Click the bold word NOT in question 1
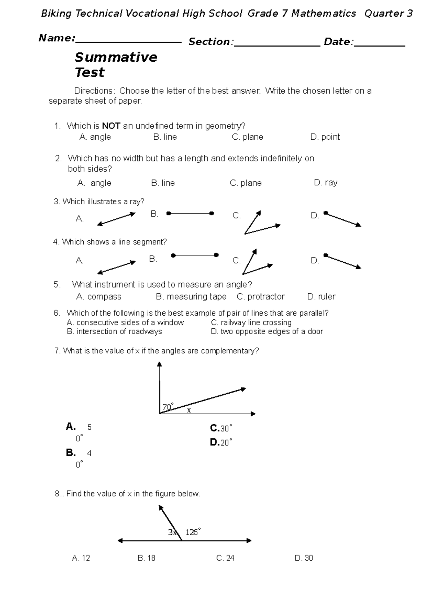point(111,126)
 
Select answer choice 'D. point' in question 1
point(325,137)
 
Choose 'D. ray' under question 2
point(325,183)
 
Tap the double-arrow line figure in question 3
point(116,219)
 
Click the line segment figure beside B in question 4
point(195,255)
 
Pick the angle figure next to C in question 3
point(260,224)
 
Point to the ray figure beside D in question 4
point(342,261)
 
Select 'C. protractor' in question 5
point(261,297)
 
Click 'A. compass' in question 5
point(99,297)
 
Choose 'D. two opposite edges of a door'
point(267,332)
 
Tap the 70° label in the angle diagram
point(168,407)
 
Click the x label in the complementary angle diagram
point(188,411)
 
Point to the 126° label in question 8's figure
point(193,532)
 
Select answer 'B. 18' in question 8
point(146,558)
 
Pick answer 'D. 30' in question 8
point(304,558)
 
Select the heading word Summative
point(116,57)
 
